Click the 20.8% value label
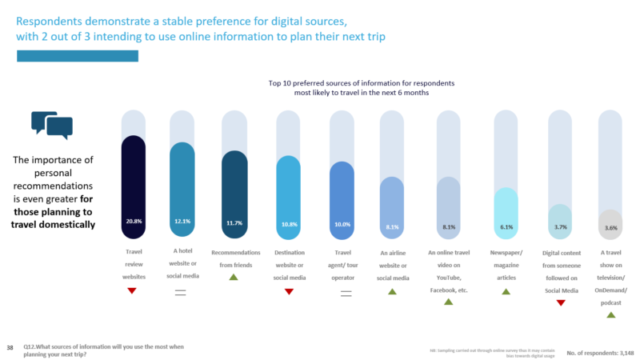[133, 221]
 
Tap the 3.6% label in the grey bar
[610, 227]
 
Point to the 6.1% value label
[506, 227]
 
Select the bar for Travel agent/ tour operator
[342, 200]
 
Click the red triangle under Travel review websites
[133, 291]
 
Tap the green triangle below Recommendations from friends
[234, 277]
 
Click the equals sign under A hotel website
[181, 292]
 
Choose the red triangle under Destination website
[289, 291]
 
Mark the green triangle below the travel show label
[610, 315]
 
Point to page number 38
[10, 347]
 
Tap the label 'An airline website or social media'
[393, 265]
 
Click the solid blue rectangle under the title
[78, 55]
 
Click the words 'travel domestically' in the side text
[53, 225]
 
